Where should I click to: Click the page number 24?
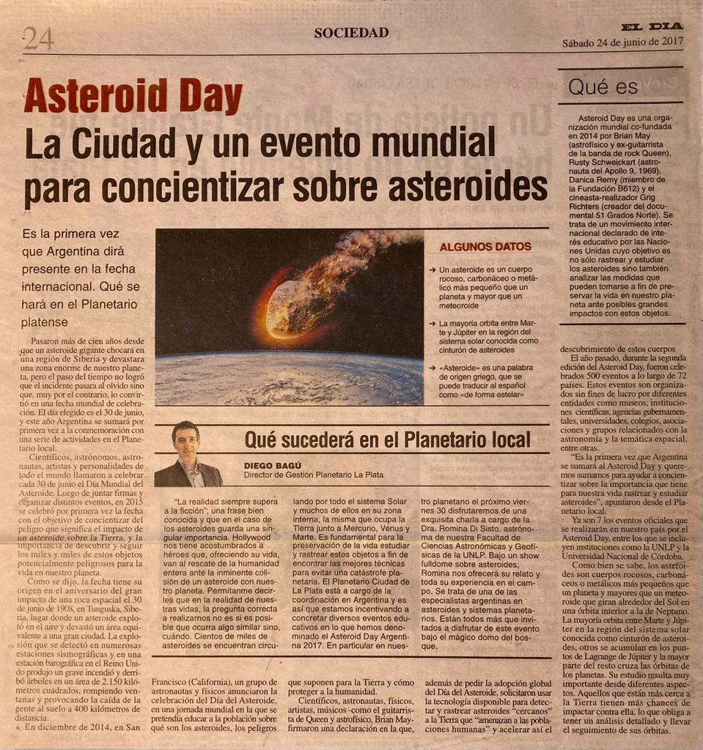coord(38,37)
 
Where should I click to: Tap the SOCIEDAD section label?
coord(351,32)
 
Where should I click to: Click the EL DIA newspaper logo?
coord(652,28)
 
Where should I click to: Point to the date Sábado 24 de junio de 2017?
coord(622,42)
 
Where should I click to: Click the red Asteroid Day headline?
coord(133,97)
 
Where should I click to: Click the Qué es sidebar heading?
coord(603,87)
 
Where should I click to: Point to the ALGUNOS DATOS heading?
coord(486,248)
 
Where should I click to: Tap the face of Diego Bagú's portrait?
coord(186,442)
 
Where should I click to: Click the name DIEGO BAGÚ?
coord(273,465)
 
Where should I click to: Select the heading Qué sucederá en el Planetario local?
coord(386,440)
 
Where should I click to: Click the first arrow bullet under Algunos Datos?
coord(433,270)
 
